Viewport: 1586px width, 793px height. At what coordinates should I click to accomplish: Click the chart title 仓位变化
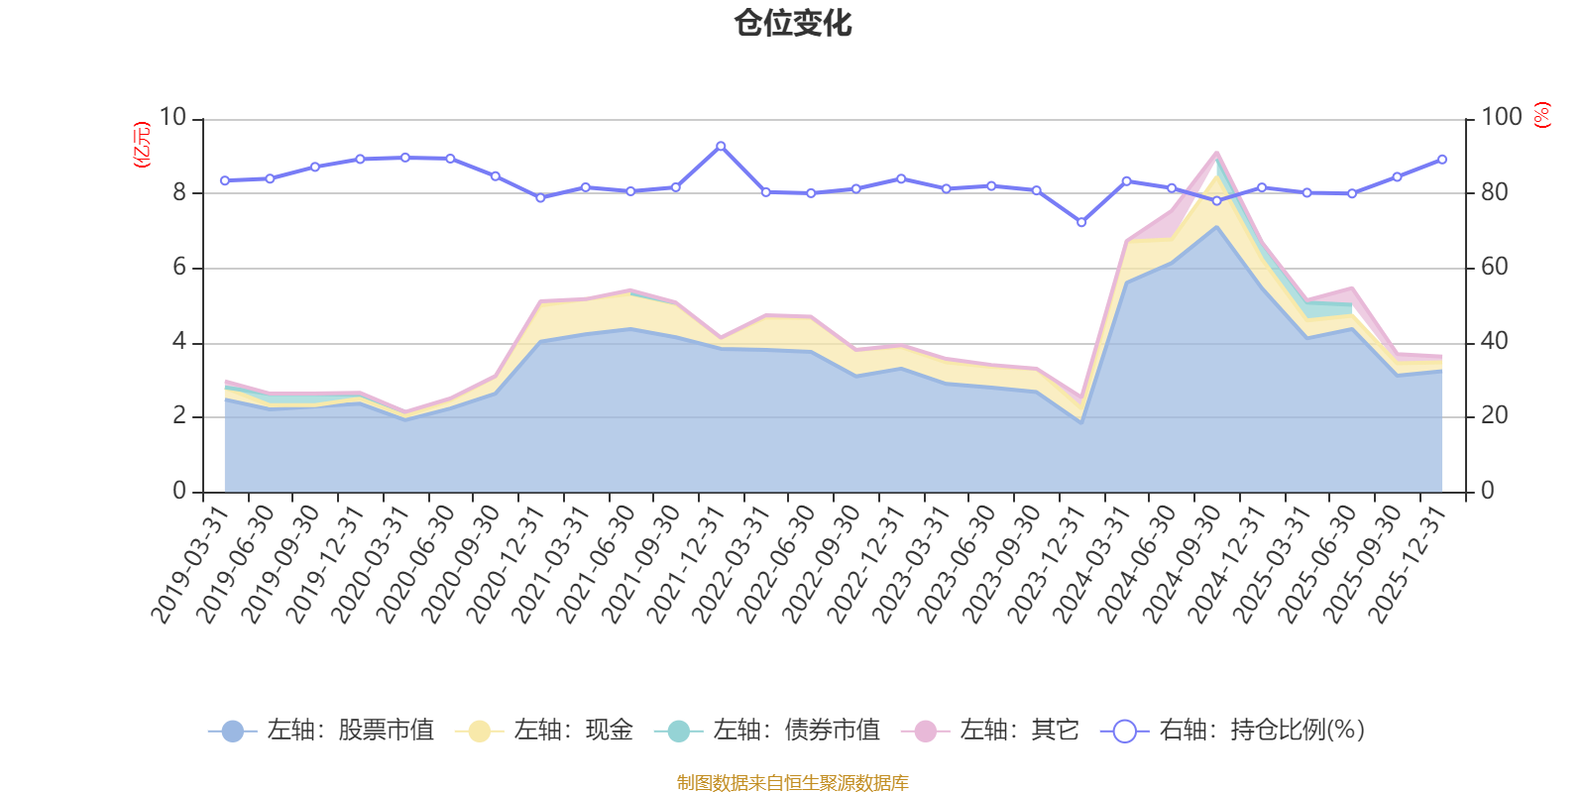click(x=793, y=23)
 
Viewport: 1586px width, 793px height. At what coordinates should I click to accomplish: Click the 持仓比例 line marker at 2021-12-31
click(x=721, y=146)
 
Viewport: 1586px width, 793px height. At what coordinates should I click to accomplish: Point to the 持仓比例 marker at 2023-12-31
click(x=1081, y=223)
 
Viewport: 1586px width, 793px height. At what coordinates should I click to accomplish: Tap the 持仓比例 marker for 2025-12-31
click(x=1442, y=160)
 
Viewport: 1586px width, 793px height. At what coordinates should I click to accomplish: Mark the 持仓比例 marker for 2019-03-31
click(x=224, y=180)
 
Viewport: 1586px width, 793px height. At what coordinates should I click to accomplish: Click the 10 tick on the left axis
click(x=172, y=118)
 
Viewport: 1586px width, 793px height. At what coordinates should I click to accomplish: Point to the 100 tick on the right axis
click(x=1501, y=118)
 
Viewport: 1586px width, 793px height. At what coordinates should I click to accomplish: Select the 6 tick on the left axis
click(x=179, y=268)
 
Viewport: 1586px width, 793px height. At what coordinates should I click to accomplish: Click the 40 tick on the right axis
click(x=1495, y=342)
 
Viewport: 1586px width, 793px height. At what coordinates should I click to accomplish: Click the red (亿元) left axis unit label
click(x=142, y=145)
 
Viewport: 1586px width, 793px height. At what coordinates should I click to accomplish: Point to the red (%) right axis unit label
click(x=1542, y=115)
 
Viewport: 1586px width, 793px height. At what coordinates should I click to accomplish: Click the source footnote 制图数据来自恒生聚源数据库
click(x=793, y=783)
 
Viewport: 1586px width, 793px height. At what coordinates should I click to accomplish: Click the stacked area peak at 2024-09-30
click(x=1216, y=152)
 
